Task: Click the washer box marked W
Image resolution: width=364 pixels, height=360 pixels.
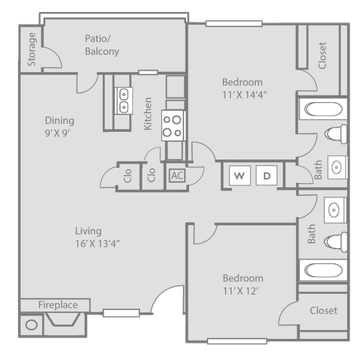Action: click(x=239, y=175)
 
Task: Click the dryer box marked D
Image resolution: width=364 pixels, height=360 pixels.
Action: click(x=266, y=175)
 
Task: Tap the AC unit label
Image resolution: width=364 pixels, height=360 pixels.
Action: click(x=177, y=175)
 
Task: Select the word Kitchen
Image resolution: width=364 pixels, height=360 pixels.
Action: click(x=148, y=114)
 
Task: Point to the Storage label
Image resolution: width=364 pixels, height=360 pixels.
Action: click(x=32, y=49)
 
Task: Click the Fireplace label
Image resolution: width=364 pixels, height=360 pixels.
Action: click(x=58, y=304)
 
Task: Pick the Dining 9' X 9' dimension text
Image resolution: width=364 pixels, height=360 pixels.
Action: click(x=57, y=133)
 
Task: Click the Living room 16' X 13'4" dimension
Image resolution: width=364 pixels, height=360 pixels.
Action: click(x=98, y=244)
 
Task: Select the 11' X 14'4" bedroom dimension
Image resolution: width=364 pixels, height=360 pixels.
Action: click(x=245, y=95)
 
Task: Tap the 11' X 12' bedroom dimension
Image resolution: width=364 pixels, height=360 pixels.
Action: click(x=241, y=291)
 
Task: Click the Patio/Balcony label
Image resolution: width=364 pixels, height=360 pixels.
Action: click(x=102, y=45)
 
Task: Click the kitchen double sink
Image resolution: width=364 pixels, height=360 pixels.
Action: click(x=124, y=100)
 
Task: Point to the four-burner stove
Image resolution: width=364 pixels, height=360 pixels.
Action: click(x=173, y=125)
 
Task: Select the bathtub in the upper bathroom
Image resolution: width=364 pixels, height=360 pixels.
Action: click(x=323, y=109)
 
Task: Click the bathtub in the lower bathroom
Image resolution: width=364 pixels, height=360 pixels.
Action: click(x=323, y=270)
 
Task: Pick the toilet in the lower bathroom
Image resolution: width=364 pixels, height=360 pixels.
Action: click(x=335, y=241)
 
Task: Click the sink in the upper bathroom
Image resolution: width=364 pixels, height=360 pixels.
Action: click(x=337, y=167)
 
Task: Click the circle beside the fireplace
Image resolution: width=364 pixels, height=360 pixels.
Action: click(x=32, y=325)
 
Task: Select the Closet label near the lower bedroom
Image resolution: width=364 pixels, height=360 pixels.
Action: click(x=323, y=310)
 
